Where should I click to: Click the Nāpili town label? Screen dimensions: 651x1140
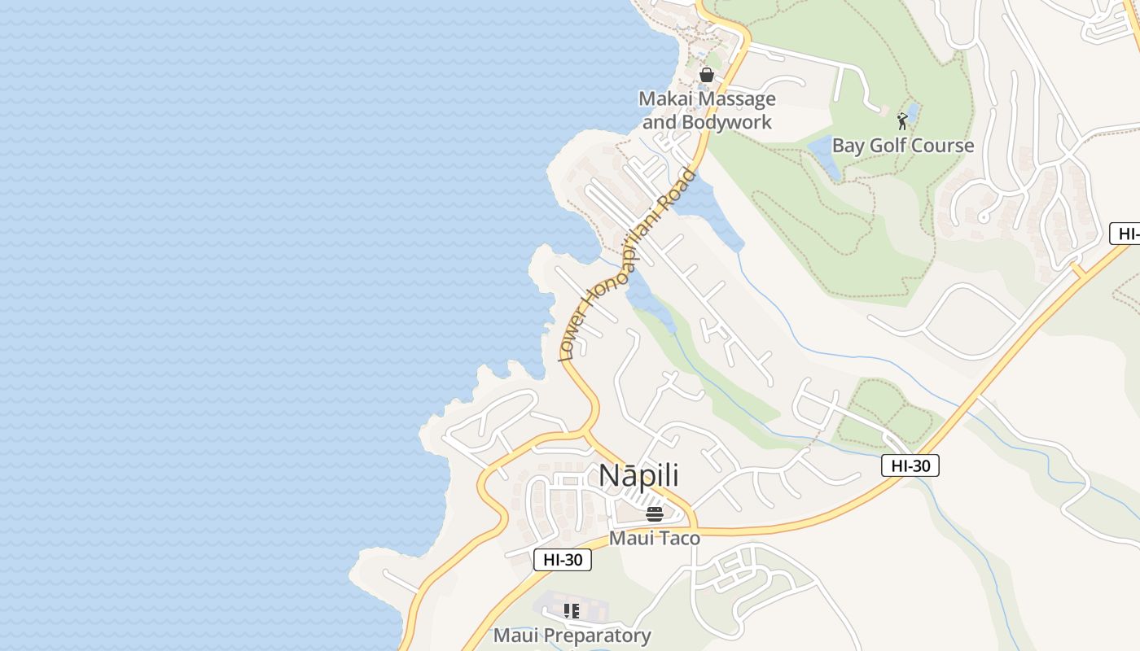638,476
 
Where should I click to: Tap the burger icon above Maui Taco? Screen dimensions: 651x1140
655,513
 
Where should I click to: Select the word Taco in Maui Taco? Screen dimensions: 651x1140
679,538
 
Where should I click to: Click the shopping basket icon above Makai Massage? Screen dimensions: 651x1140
706,75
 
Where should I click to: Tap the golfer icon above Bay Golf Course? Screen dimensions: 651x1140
902,121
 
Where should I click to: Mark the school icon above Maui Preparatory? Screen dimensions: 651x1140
572,610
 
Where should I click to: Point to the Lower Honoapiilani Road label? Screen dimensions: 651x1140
627,264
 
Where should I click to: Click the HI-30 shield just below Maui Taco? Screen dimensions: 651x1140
562,559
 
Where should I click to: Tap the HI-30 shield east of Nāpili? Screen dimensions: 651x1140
910,465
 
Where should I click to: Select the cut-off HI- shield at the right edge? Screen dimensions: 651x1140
1126,234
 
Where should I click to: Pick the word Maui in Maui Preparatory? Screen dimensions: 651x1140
514,636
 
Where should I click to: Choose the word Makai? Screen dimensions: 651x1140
663,99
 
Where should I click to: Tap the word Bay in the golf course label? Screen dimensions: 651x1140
846,146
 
